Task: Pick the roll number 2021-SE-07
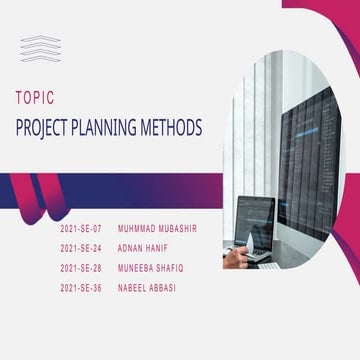point(81,228)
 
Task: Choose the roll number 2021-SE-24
point(81,247)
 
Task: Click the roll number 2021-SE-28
point(81,267)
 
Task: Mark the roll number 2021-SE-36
point(81,287)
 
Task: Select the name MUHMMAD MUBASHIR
point(157,228)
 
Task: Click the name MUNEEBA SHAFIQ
point(151,267)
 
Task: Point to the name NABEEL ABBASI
point(147,287)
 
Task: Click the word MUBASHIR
point(178,228)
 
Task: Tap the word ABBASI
point(162,287)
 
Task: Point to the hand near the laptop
point(236,253)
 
